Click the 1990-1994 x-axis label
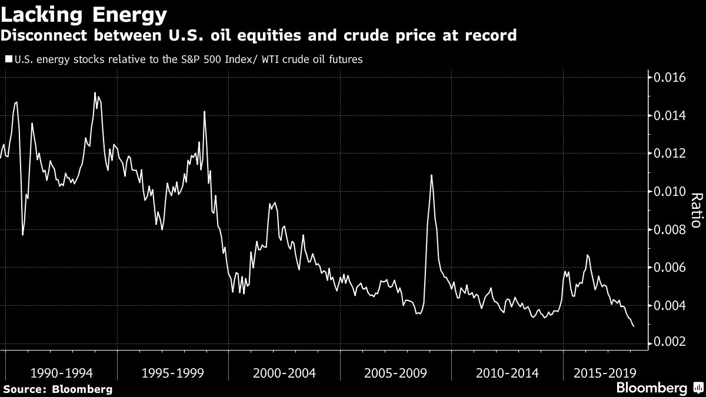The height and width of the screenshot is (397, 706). (61, 373)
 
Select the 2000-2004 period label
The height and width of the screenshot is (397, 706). (284, 373)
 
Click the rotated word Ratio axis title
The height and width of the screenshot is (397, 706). (695, 210)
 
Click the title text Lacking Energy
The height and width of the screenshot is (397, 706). (84, 14)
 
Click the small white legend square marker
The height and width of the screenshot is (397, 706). (8, 59)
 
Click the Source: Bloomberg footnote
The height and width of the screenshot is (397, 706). (57, 389)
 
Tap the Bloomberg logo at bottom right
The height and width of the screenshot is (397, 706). (651, 388)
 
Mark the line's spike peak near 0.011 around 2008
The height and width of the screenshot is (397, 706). (432, 175)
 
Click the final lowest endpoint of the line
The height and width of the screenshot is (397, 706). (633, 326)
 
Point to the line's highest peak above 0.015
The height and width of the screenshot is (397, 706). (95, 93)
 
